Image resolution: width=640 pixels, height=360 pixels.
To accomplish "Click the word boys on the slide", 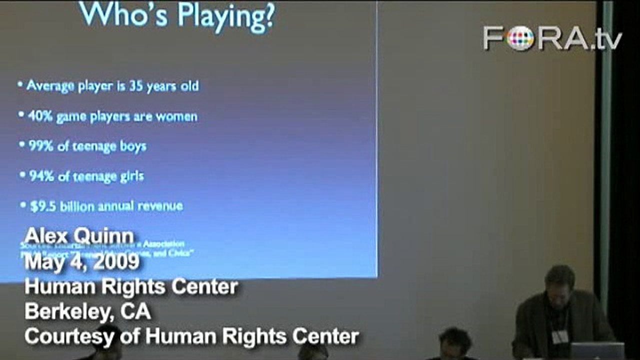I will pos(131,146).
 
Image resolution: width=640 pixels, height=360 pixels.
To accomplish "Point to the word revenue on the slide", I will pos(161,206).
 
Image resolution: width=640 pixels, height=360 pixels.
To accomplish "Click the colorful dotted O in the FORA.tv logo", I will pos(520,38).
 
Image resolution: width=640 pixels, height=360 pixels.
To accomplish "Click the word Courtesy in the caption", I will pos(68,336).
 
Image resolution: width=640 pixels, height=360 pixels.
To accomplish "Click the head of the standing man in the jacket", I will pos(559,282).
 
